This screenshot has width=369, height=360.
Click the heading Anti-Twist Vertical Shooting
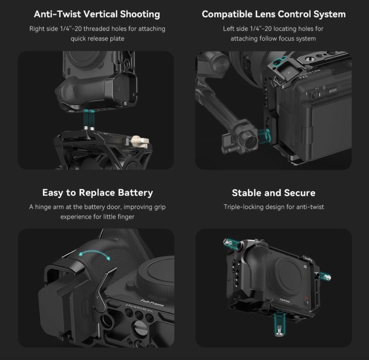pos(97,14)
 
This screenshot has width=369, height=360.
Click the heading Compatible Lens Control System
pos(274,14)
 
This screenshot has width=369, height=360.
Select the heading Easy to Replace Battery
pos(98,193)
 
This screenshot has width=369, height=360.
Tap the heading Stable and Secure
pos(274,193)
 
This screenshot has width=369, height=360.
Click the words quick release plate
pos(97,39)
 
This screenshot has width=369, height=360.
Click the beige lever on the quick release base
pos(140,142)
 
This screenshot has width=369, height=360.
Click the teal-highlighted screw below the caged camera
pos(279,324)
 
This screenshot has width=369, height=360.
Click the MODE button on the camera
pos(332,91)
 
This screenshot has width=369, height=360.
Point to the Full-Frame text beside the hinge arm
pos(152,303)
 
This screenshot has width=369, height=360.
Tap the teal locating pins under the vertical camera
pos(89,119)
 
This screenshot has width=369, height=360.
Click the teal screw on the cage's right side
pos(326,277)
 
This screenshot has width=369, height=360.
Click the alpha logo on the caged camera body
pos(305,266)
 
